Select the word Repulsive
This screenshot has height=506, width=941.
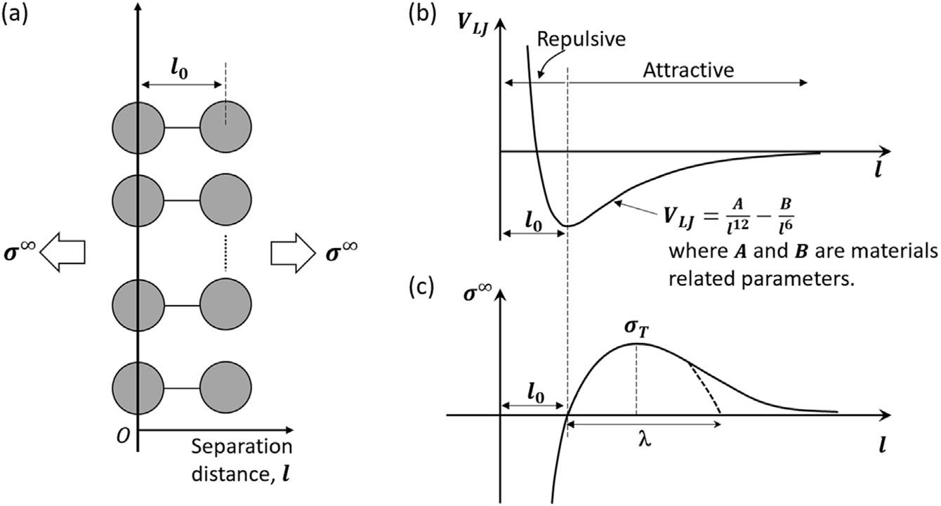(581, 39)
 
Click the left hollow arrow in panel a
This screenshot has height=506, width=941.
(62, 251)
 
